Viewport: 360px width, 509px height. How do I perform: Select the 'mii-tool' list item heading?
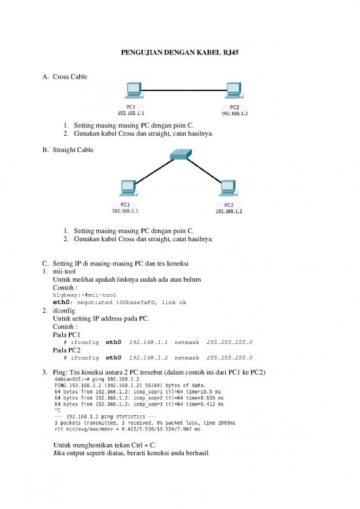(x=65, y=272)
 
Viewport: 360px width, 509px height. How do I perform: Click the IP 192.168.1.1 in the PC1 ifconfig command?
(x=148, y=342)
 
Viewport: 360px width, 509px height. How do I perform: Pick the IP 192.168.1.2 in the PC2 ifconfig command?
(x=148, y=358)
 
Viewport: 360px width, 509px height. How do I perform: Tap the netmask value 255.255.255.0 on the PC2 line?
(x=229, y=358)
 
